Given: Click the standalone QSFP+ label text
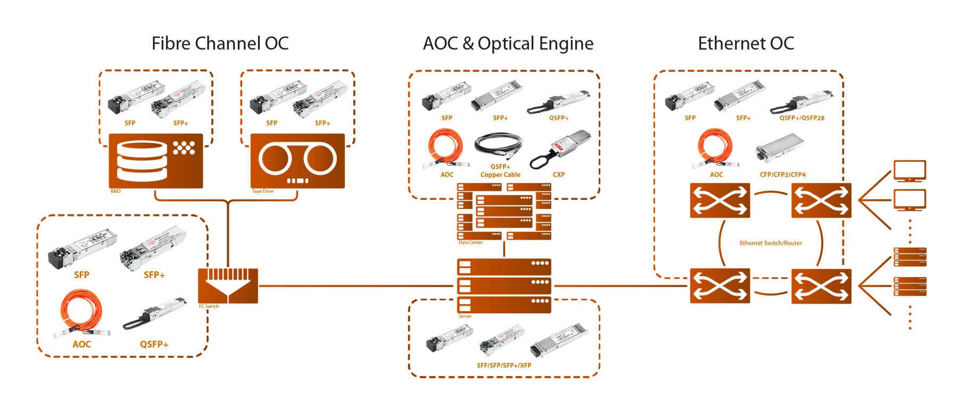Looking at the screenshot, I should point(558,117).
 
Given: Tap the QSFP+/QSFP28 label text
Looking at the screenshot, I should point(802,117).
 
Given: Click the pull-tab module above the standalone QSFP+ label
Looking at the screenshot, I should point(561,100).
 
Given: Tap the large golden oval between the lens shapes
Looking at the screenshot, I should point(771,243).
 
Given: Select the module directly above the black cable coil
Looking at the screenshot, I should point(495,95).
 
